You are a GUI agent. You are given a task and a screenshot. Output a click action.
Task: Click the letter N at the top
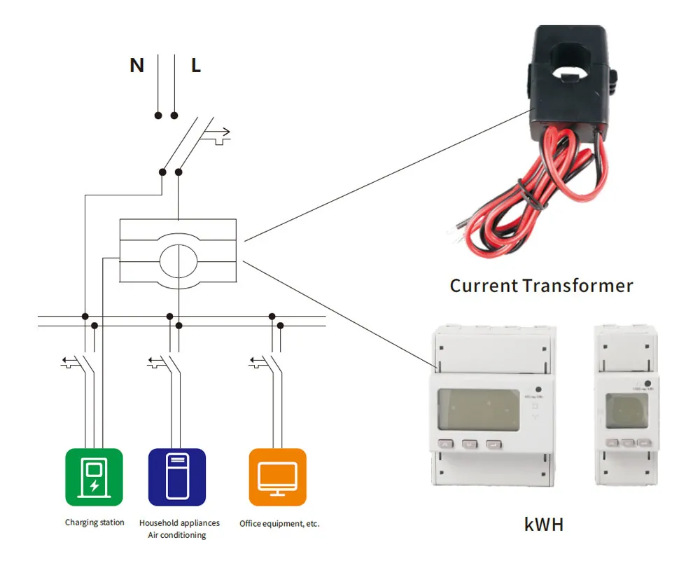tap(136, 66)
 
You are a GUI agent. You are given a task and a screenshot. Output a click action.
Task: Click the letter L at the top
tap(196, 66)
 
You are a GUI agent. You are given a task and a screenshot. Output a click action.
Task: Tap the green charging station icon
tap(94, 477)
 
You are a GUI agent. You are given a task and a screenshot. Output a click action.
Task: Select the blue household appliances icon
tap(177, 477)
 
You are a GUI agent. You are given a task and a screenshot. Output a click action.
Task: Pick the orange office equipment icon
tap(278, 477)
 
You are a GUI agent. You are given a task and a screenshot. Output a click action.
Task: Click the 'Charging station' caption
tap(94, 522)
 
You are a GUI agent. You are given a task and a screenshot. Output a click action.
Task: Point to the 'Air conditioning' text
tap(177, 536)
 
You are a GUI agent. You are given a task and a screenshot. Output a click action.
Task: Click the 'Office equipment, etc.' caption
tap(279, 523)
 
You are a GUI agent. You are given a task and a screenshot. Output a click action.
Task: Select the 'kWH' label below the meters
tap(544, 524)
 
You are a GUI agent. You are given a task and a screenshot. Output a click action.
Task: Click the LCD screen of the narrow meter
tap(627, 413)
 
